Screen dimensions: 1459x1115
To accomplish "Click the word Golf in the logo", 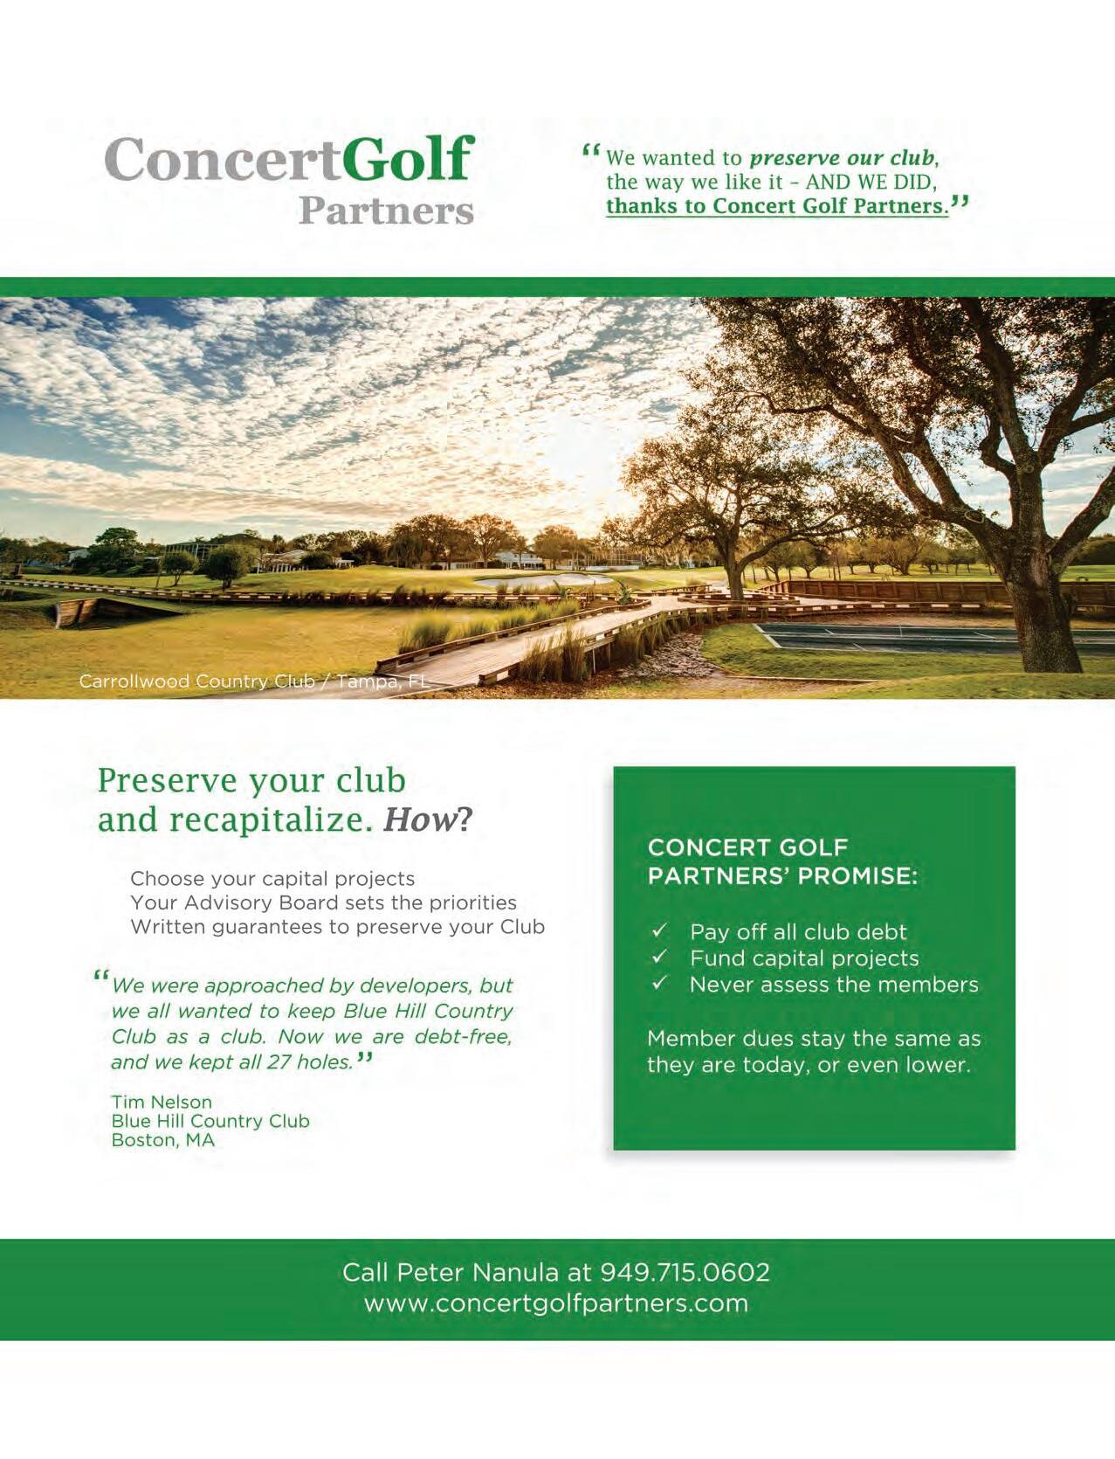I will point(409,160).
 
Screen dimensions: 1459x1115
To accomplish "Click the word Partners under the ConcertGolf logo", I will point(385,211).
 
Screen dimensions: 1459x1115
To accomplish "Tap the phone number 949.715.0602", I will point(685,1271).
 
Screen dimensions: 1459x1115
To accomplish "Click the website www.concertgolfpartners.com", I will point(556,1303).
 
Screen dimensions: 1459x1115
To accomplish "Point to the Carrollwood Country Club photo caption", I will point(254,681).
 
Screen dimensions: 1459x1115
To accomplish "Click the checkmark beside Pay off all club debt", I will point(660,930).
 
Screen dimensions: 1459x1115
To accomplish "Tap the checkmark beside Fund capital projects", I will point(660,958).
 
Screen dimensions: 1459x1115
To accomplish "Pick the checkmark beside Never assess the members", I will point(660,984).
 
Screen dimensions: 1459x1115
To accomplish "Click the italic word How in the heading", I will point(420,819).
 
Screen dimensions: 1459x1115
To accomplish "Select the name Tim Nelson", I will point(162,1102).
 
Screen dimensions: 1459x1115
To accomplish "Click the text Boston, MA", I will point(162,1140).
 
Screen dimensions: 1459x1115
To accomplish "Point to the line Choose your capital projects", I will point(272,878).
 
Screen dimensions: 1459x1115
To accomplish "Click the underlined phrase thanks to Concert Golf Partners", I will point(777,206).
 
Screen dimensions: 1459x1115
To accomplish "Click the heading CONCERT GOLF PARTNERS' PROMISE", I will point(782,861).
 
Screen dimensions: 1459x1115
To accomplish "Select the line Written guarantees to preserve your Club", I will point(337,927).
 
